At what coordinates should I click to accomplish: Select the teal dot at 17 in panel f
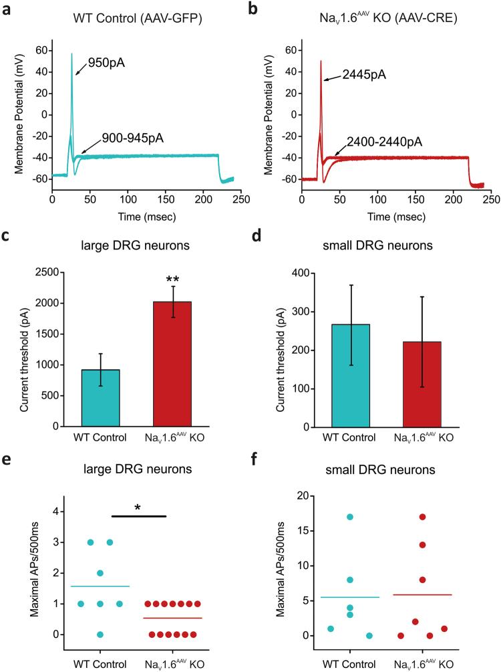point(350,517)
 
